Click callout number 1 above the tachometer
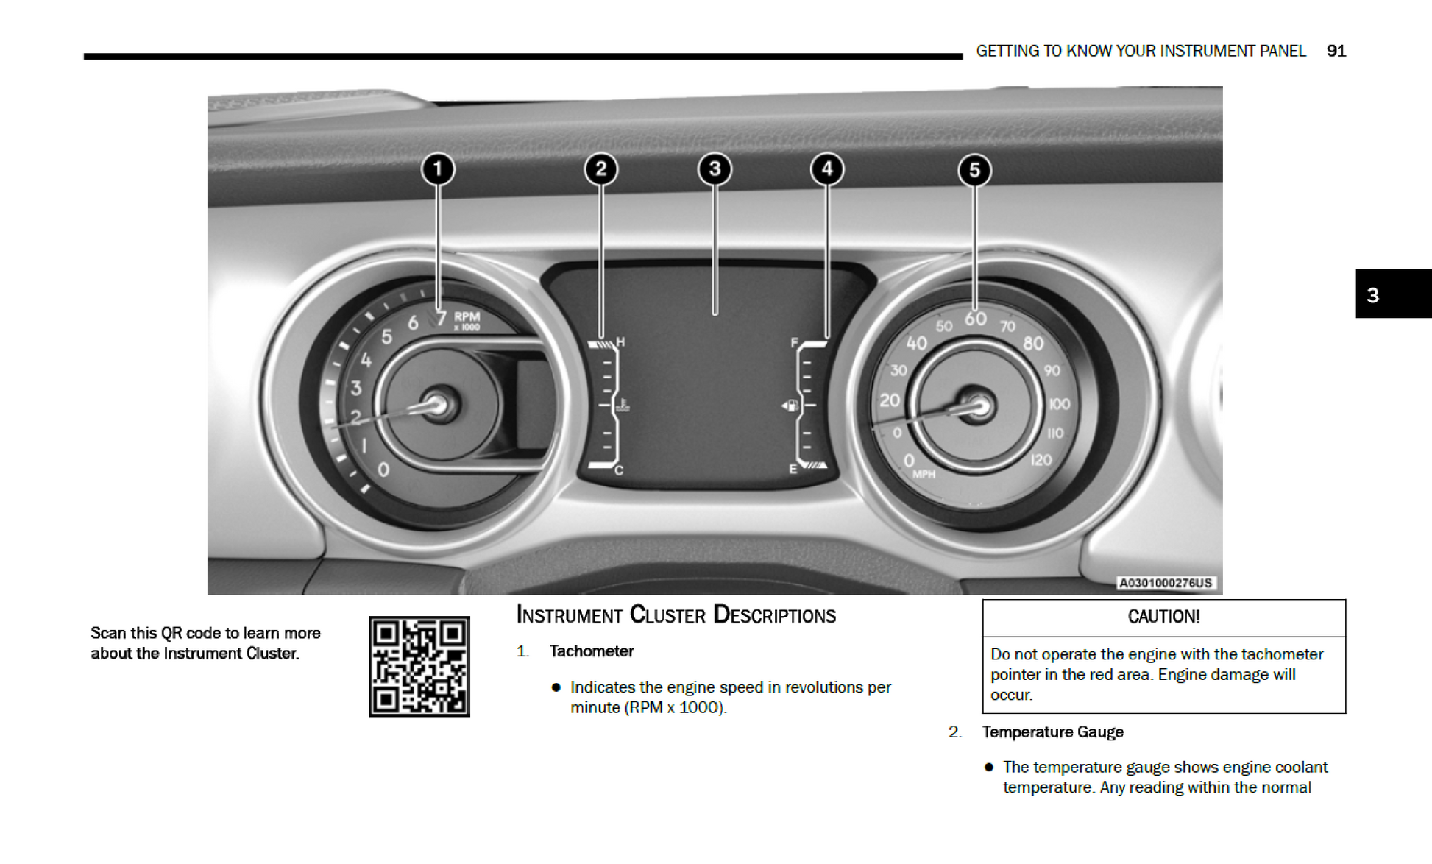tap(438, 169)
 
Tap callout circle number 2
tap(600, 169)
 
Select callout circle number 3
tap(714, 169)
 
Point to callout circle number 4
tap(826, 169)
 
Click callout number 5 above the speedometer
tap(974, 171)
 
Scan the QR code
tap(419, 666)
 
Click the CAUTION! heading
tap(1163, 617)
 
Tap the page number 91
tap(1336, 51)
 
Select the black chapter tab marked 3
tap(1392, 294)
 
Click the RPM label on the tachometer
tap(467, 317)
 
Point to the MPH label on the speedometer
tap(924, 475)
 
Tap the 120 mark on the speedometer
tap(1041, 461)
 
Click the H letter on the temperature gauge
tap(620, 342)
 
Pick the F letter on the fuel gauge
tap(794, 342)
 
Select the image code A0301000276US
tap(1165, 583)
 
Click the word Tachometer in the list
tap(591, 651)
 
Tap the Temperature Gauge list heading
tap(1052, 732)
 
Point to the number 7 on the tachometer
tap(440, 317)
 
